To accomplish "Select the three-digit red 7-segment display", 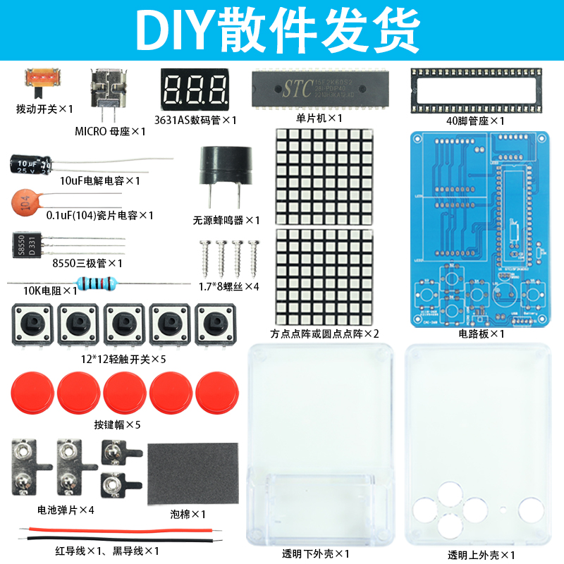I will pyautogui.click(x=195, y=90).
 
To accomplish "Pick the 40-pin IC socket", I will pyautogui.click(x=469, y=89).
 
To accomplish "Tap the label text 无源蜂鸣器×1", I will pyautogui.click(x=226, y=220).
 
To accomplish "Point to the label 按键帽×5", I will pyautogui.click(x=117, y=424).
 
